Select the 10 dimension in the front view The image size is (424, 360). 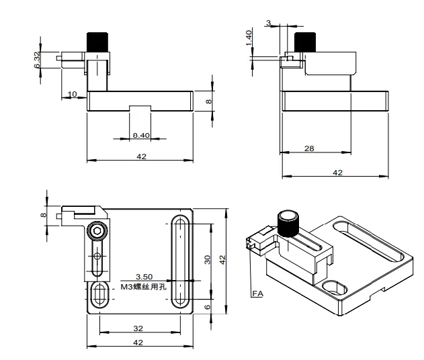(73, 93)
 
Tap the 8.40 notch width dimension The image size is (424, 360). (140, 136)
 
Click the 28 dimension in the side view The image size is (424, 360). (309, 148)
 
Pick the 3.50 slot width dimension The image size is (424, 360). (144, 276)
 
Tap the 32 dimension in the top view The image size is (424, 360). (140, 328)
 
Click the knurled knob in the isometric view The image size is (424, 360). (289, 222)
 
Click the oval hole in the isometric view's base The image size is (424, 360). (335, 287)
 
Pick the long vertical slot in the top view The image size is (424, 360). (181, 261)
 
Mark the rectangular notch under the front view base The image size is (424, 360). (140, 108)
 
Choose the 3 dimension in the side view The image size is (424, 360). (269, 24)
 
